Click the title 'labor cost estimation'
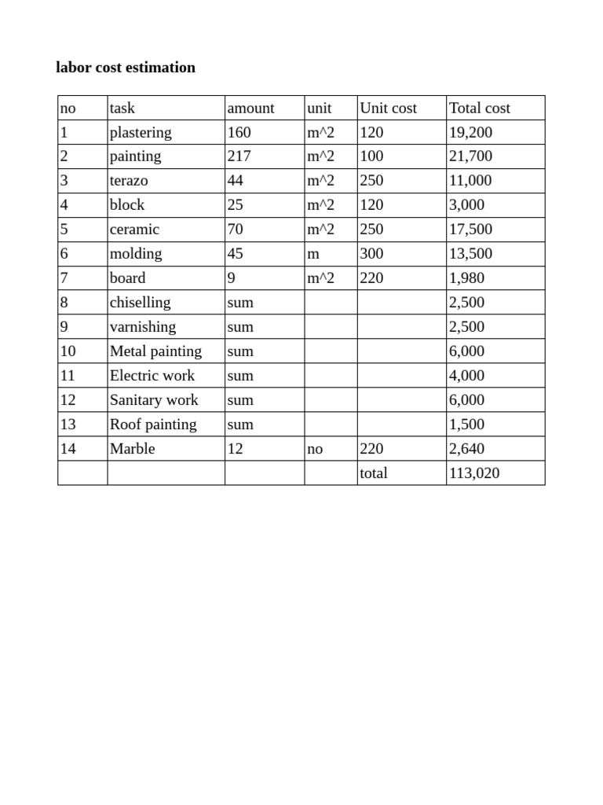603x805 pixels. (x=126, y=68)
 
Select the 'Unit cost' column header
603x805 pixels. (x=388, y=108)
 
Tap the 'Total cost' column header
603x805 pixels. (x=479, y=108)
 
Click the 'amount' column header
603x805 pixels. (x=250, y=108)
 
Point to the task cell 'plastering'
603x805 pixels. (x=141, y=133)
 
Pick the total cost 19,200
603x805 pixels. (x=470, y=133)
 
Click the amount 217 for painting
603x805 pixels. (x=239, y=156)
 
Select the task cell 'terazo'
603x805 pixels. (x=129, y=181)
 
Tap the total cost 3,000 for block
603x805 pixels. (x=466, y=205)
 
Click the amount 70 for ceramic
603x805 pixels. (x=236, y=230)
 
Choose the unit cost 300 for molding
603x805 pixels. (x=371, y=254)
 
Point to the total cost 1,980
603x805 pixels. (x=466, y=278)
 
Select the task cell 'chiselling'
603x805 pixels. (x=140, y=303)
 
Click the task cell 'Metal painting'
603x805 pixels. (x=155, y=351)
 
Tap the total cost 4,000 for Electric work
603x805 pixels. (x=466, y=376)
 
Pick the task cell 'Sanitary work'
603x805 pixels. (x=154, y=400)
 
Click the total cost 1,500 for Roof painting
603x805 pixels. (x=466, y=425)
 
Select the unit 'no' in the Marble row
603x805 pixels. (x=315, y=449)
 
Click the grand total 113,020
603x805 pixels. (x=473, y=473)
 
